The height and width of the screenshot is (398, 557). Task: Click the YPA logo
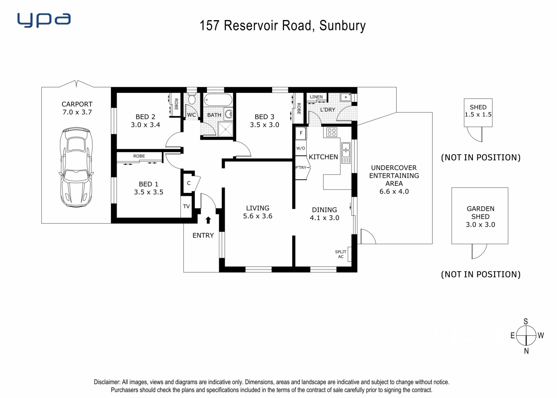tap(44, 20)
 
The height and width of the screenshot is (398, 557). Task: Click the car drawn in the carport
tap(76, 167)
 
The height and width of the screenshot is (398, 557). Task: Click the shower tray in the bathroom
tap(225, 129)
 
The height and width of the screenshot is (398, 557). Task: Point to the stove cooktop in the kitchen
tap(331, 132)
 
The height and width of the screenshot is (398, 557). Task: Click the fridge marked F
tap(301, 133)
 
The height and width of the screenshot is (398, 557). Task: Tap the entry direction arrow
tap(208, 220)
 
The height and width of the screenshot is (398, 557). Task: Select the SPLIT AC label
tap(341, 254)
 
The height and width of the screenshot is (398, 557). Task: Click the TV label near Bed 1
tap(186, 206)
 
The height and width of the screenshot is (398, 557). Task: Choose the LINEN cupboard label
tap(316, 97)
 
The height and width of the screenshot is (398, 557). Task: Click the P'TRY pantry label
tap(301, 168)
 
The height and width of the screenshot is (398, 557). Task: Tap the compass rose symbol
tap(526, 336)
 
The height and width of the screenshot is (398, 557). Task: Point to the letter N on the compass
tap(526, 351)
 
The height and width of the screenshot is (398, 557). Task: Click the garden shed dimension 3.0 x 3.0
tap(480, 225)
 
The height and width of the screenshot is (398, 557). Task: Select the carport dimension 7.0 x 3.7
tap(77, 112)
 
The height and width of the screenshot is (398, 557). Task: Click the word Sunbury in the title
tap(342, 26)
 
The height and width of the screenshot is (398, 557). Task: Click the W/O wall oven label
tap(301, 148)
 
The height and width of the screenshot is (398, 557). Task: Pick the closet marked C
tap(189, 183)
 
